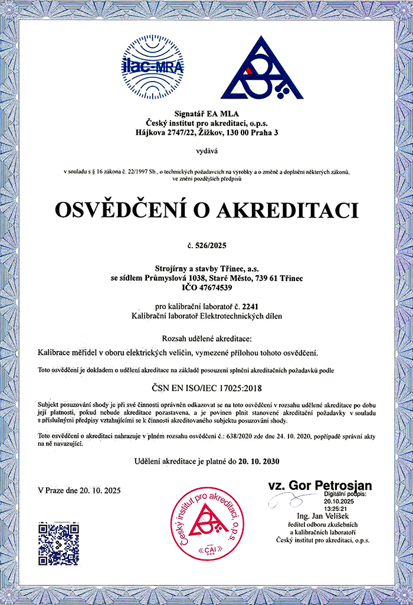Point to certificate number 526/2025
click(x=211, y=245)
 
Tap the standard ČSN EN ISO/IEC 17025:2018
click(x=206, y=388)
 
